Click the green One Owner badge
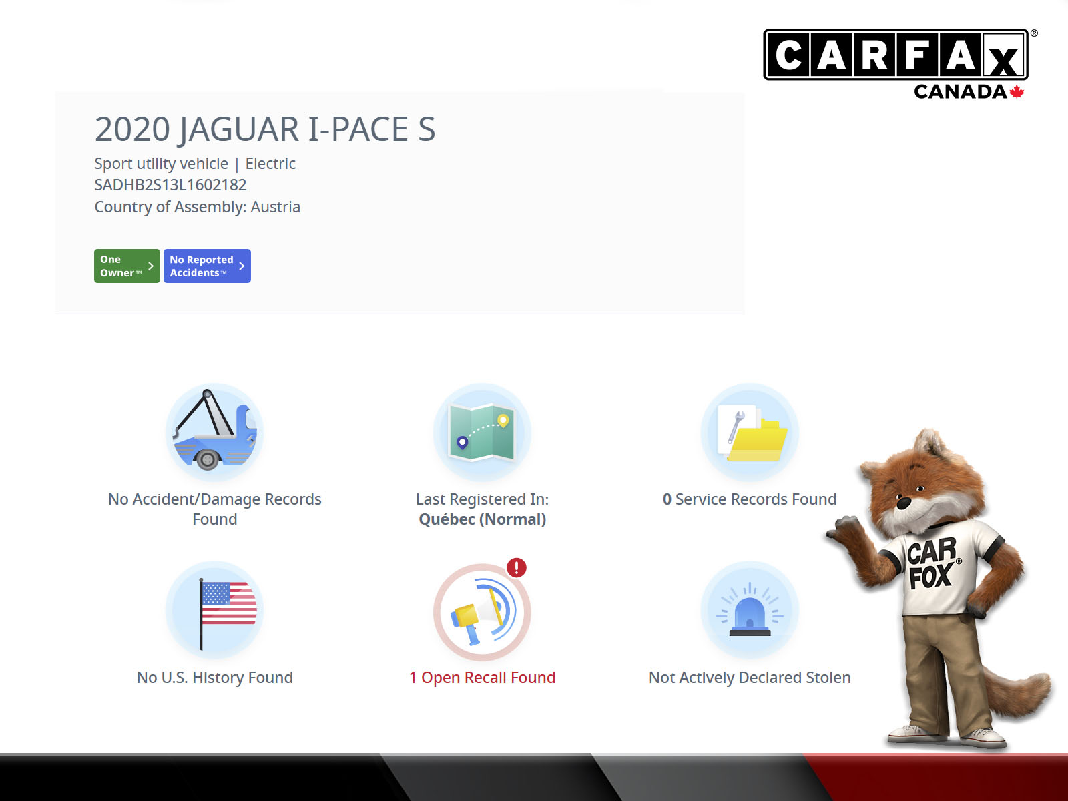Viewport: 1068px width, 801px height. pyautogui.click(x=127, y=266)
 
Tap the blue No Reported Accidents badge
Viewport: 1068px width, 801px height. pyautogui.click(x=208, y=266)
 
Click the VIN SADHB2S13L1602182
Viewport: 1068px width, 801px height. pyautogui.click(x=170, y=185)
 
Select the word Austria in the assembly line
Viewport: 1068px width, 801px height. pyautogui.click(x=276, y=207)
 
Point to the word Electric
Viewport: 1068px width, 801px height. pyautogui.click(x=270, y=164)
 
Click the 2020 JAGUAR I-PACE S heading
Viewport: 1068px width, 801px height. pyautogui.click(x=265, y=129)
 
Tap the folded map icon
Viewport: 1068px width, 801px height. pyautogui.click(x=482, y=432)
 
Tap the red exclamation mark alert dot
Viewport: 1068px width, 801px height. pyautogui.click(x=516, y=567)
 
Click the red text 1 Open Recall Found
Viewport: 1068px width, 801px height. pyautogui.click(x=482, y=678)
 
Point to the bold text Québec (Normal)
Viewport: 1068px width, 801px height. pyautogui.click(x=482, y=519)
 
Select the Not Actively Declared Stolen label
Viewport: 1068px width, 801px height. pyautogui.click(x=750, y=678)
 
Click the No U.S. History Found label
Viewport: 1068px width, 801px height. pyautogui.click(x=214, y=678)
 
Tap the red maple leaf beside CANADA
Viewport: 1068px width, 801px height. pyautogui.click(x=1017, y=92)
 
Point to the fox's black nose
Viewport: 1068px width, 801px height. pyautogui.click(x=904, y=503)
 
